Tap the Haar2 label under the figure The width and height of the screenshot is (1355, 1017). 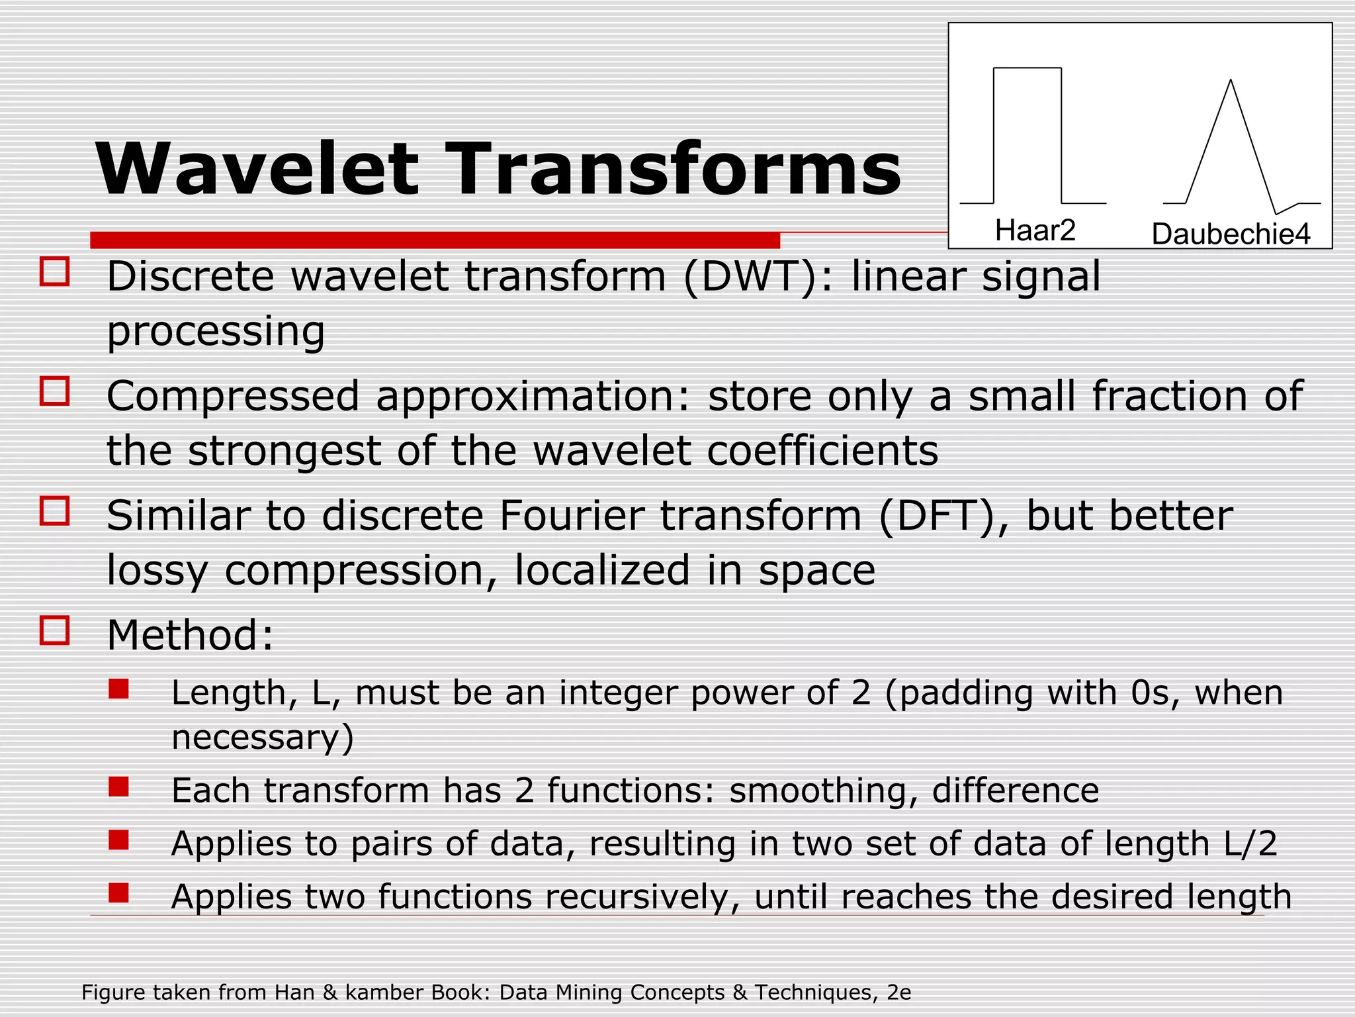[1035, 230]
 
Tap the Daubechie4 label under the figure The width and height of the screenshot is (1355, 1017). [1230, 234]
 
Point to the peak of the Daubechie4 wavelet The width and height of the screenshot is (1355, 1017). [1230, 81]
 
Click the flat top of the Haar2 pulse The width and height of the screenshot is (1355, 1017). [1027, 68]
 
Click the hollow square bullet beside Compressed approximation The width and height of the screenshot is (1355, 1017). [54, 391]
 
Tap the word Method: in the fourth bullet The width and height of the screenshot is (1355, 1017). [190, 635]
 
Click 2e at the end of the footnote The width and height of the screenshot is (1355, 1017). [899, 993]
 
